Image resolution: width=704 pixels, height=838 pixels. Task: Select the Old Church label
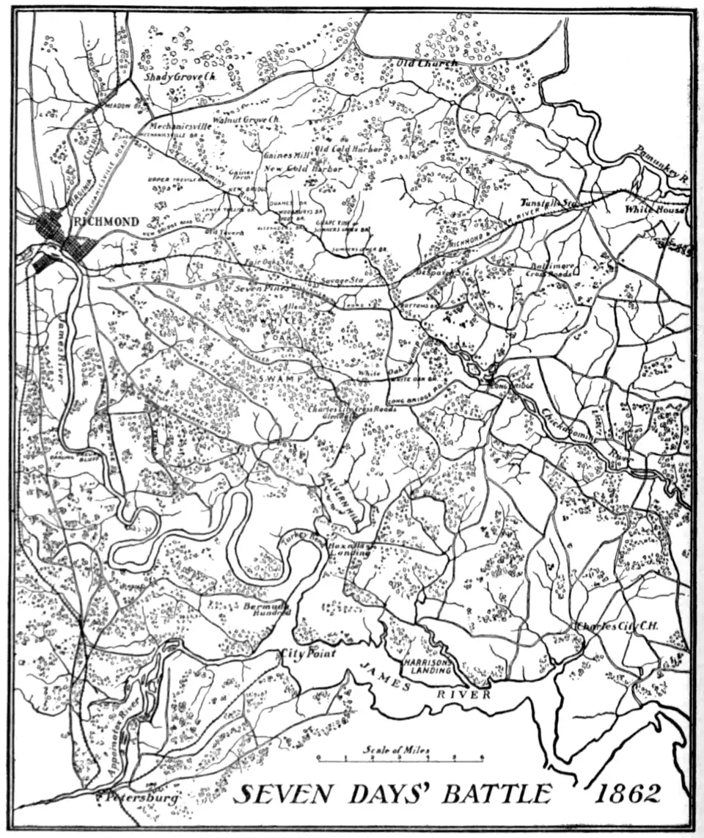(427, 64)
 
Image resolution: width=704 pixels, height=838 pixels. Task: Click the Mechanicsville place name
(180, 126)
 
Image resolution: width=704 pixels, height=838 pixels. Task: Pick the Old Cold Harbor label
(348, 149)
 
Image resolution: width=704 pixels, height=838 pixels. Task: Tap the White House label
(654, 210)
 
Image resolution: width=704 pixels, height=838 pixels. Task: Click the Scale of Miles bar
(399, 757)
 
